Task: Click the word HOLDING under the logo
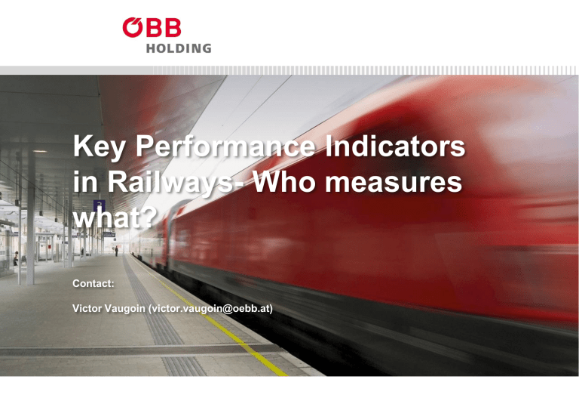[179, 48]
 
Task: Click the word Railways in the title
[163, 185]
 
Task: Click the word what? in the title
[115, 220]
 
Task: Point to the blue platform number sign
[98, 205]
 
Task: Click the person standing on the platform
[116, 250]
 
